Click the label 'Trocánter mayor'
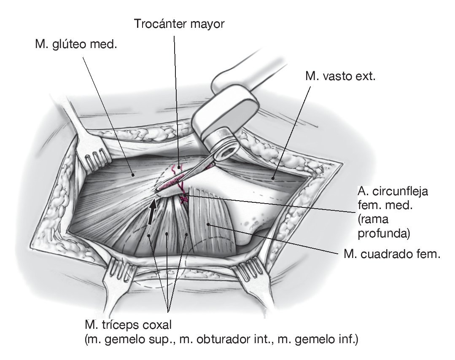pyautogui.click(x=180, y=24)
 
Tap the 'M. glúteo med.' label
pyautogui.click(x=76, y=44)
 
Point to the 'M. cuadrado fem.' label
pyautogui.click(x=389, y=254)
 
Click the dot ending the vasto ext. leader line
pyautogui.click(x=273, y=178)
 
